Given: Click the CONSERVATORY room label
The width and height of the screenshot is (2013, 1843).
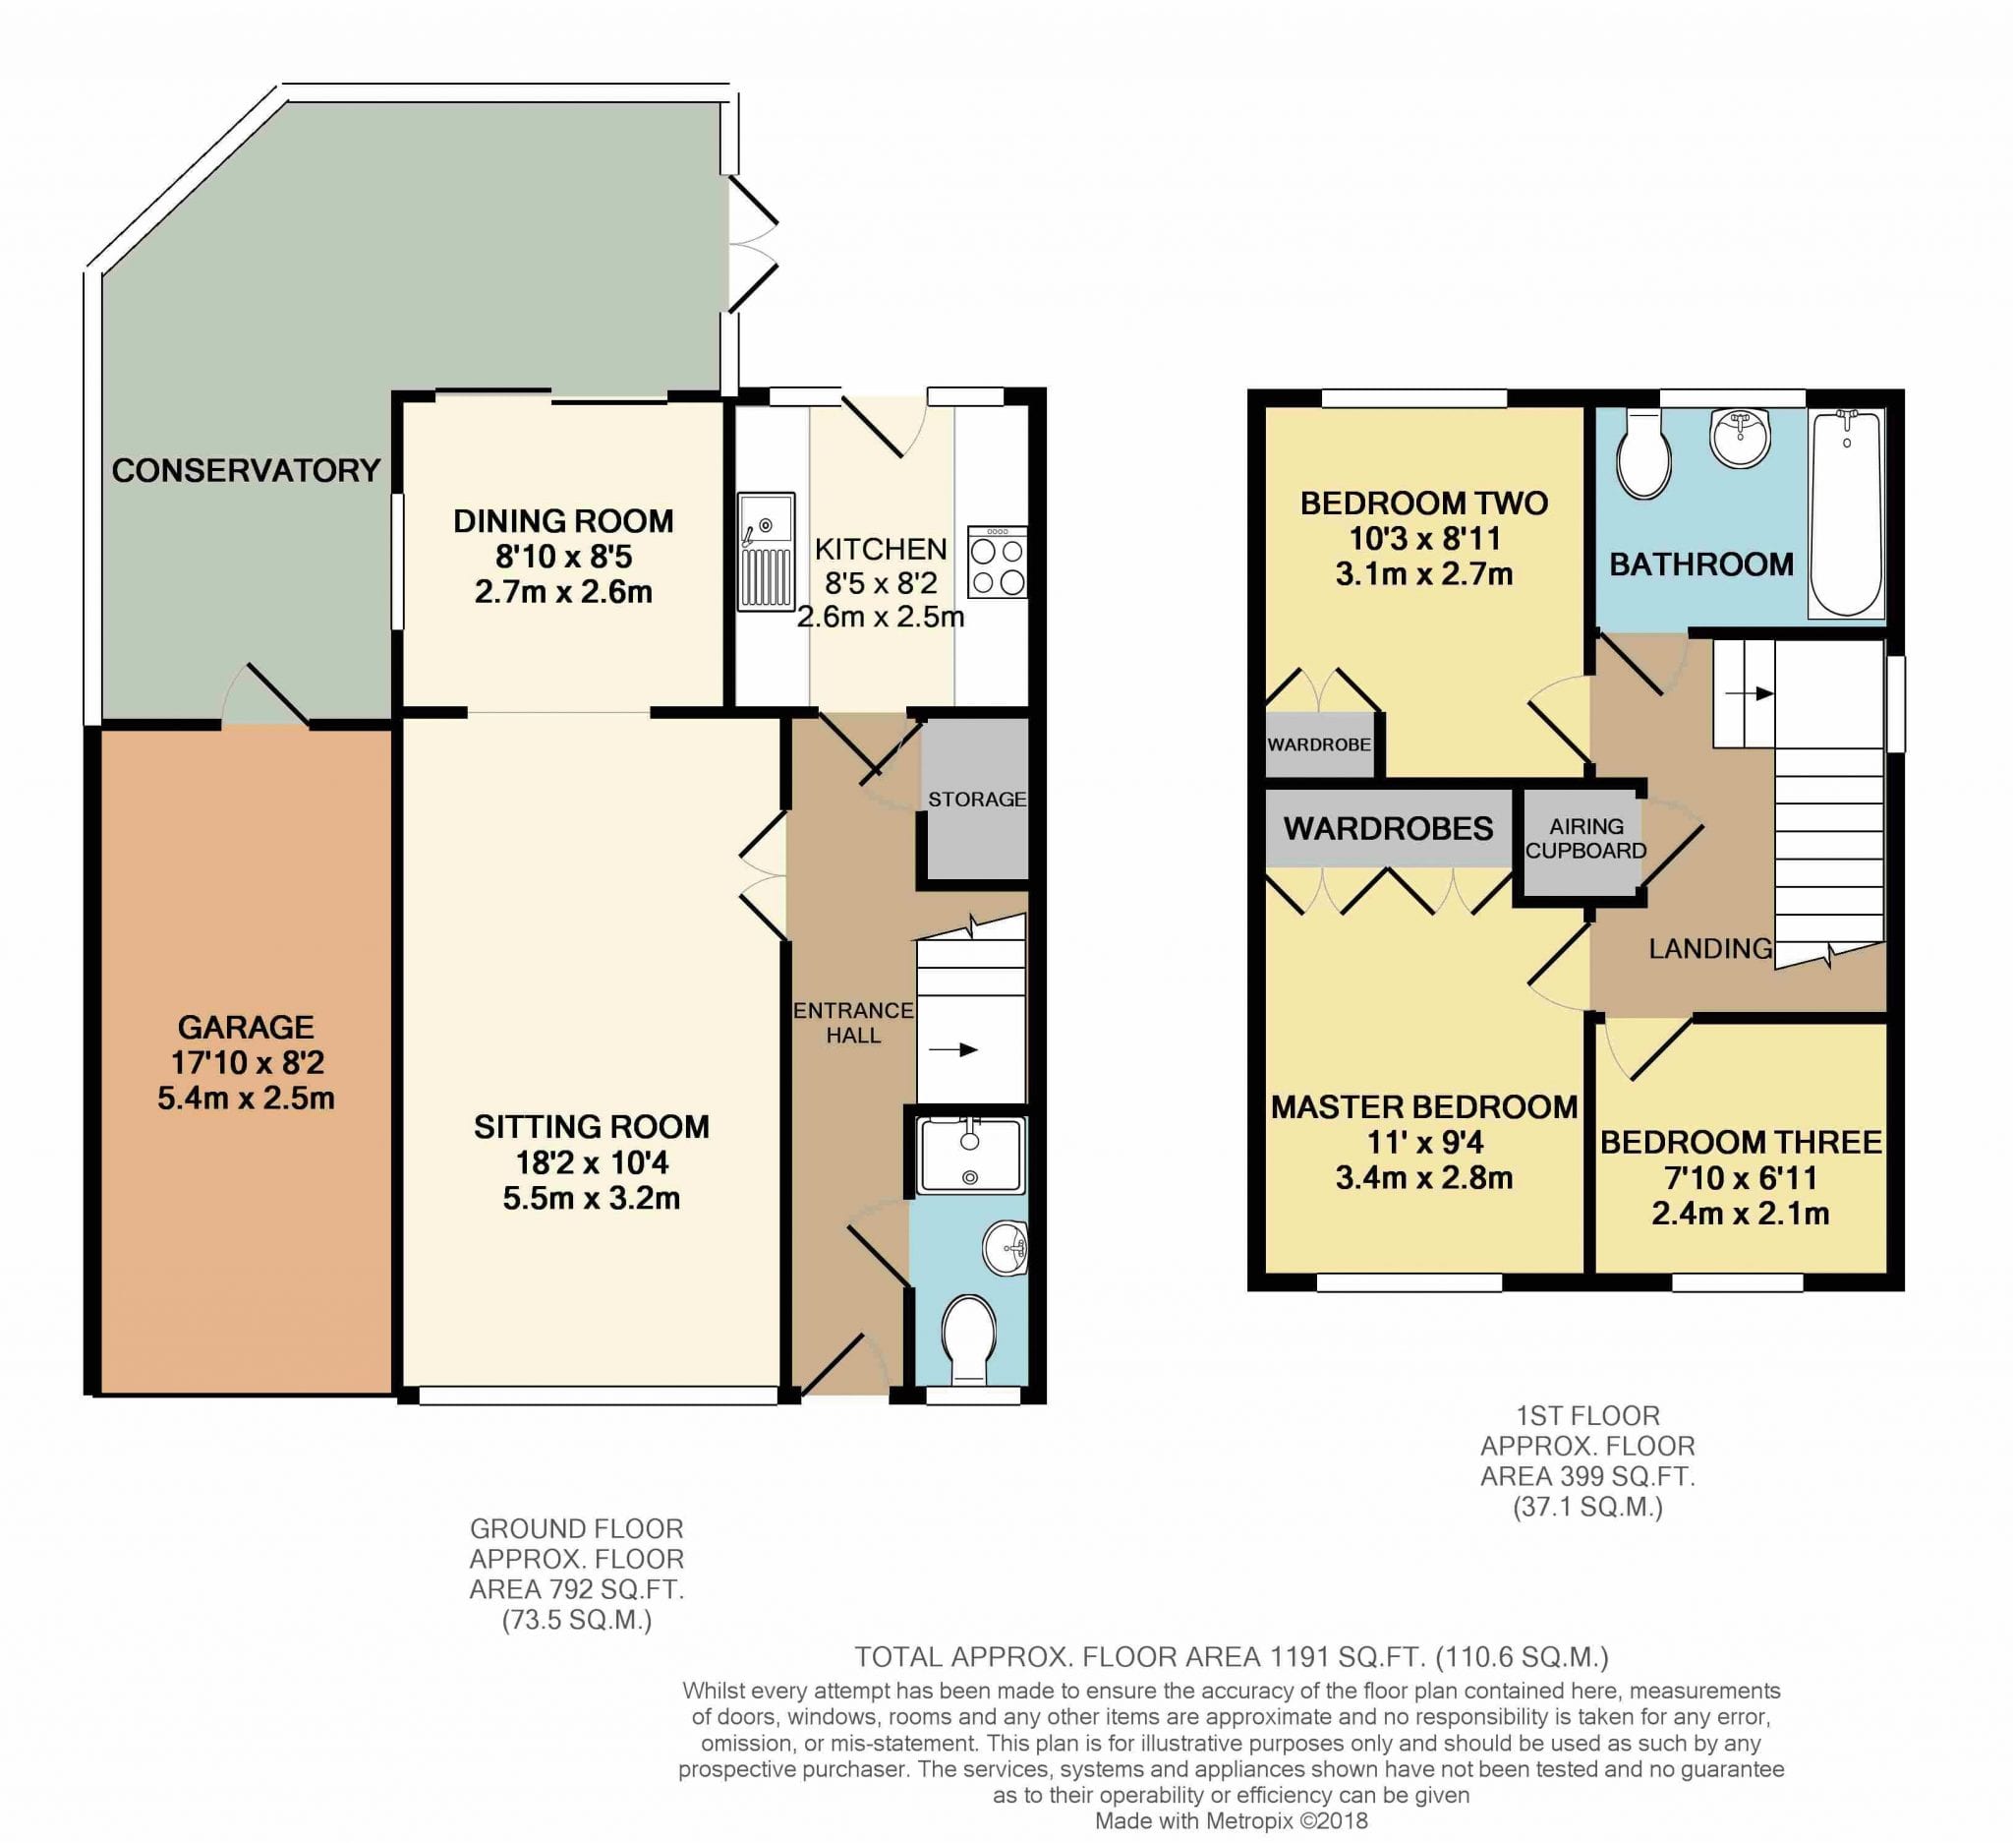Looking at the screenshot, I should pyautogui.click(x=246, y=470).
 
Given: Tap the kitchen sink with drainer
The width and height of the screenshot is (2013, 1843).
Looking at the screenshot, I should pyautogui.click(x=766, y=551).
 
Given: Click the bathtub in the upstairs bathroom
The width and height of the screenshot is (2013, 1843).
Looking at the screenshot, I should pyautogui.click(x=1846, y=514).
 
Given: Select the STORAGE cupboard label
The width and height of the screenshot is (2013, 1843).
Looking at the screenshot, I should pyautogui.click(x=977, y=800).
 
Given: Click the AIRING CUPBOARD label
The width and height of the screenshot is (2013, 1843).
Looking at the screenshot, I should pyautogui.click(x=1585, y=838).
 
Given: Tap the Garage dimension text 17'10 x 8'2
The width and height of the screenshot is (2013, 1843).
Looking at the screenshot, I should pyautogui.click(x=246, y=1063).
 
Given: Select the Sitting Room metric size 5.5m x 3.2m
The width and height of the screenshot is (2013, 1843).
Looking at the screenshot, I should pyautogui.click(x=591, y=1198).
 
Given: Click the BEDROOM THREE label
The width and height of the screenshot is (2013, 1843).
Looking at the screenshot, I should pyautogui.click(x=1741, y=1142).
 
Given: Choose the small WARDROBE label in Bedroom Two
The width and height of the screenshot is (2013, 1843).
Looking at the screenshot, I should pyautogui.click(x=1319, y=744).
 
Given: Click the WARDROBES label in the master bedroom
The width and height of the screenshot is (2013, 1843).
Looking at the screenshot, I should pyautogui.click(x=1388, y=828).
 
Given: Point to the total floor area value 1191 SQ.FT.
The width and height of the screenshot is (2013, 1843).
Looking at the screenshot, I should pyautogui.click(x=1346, y=1657).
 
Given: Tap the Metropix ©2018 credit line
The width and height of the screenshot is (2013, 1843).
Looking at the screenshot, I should pyautogui.click(x=1232, y=1821).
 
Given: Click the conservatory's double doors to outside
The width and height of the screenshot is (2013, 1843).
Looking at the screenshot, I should pyautogui.click(x=751, y=244).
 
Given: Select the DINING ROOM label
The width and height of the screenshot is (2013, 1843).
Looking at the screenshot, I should pyautogui.click(x=563, y=520).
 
